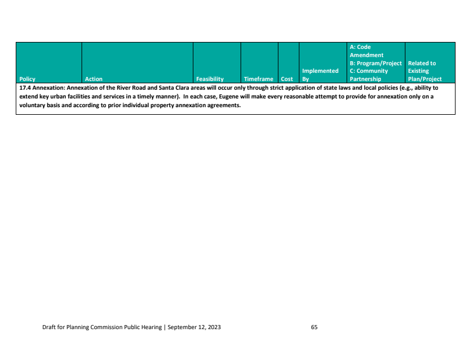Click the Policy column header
27,79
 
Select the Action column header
93,79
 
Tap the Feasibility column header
210,79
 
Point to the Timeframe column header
259,79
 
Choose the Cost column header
287,79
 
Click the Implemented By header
320,75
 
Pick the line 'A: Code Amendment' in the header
366,51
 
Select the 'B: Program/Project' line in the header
376,63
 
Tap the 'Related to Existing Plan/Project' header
425,71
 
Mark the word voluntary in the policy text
32,105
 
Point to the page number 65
314,327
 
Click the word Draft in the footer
50,327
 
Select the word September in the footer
183,327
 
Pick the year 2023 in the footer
214,327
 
